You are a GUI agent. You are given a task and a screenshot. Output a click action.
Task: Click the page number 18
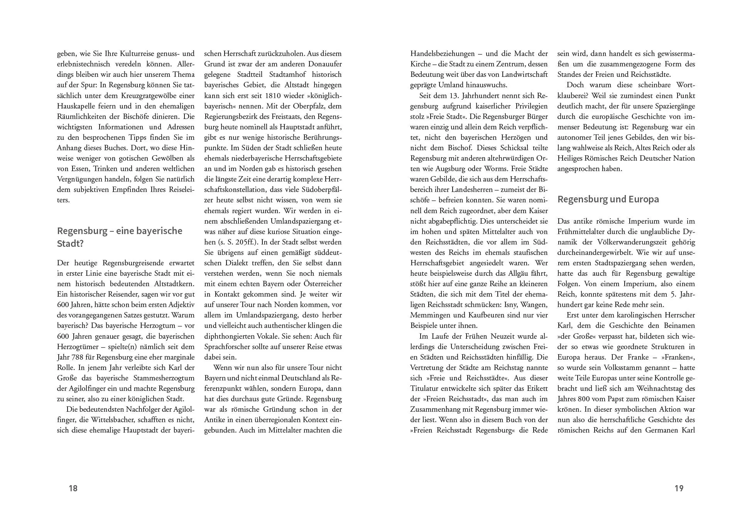coord(73,489)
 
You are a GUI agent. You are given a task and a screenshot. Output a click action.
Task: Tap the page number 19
coord(679,489)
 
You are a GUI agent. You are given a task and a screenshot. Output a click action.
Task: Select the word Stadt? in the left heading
coord(70,244)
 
